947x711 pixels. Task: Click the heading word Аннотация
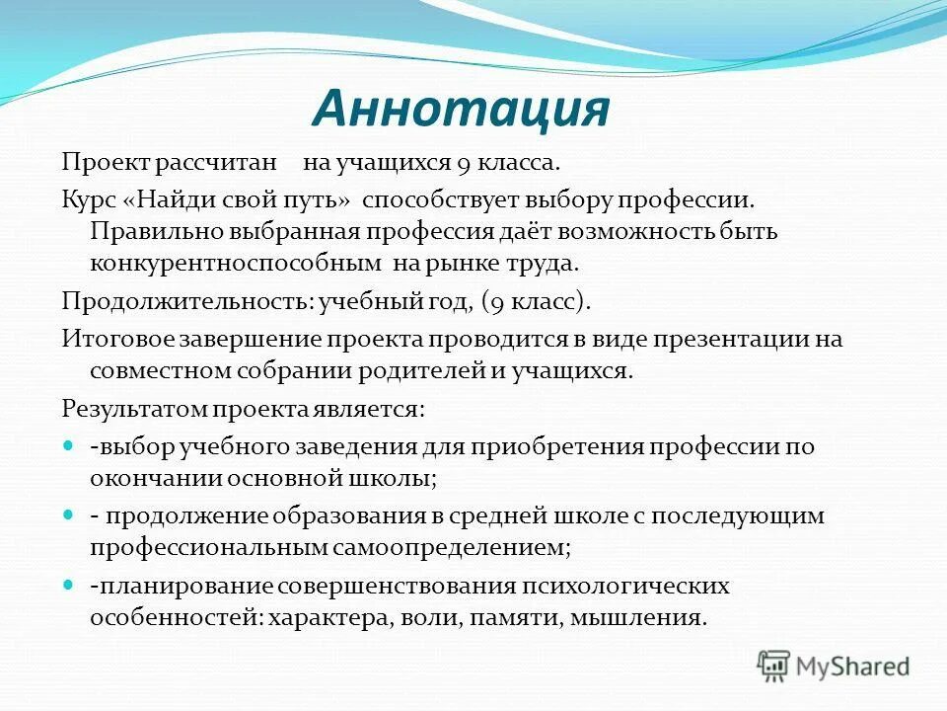pos(461,110)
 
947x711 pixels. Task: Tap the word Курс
pos(90,200)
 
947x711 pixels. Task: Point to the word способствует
pos(427,200)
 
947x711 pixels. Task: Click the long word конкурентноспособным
pos(235,264)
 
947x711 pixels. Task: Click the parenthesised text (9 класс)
pos(536,300)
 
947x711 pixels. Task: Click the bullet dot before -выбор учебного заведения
pos(68,445)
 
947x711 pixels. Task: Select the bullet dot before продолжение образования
pos(68,514)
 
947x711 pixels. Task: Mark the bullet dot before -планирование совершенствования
pos(68,585)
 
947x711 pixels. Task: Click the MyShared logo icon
pos(773,666)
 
